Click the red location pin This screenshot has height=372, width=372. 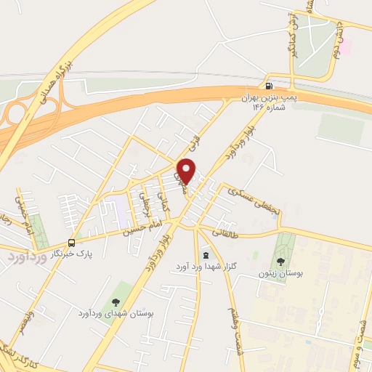187,170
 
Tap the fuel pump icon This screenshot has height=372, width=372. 270,85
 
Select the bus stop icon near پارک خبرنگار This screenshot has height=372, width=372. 72,242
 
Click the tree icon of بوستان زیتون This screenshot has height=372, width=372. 281,261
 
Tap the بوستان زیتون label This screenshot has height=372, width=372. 280,274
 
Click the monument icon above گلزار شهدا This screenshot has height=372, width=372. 206,255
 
